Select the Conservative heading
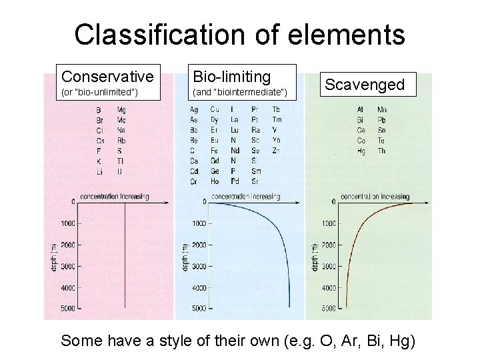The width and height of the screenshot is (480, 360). click(107, 75)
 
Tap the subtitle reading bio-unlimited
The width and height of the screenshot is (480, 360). click(99, 91)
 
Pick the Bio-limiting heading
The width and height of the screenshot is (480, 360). click(231, 75)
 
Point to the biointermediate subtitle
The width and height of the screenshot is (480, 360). click(239, 91)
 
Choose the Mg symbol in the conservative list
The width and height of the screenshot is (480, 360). click(121, 109)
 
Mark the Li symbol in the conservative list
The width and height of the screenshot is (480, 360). click(98, 171)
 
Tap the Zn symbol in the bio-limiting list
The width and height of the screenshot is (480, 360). click(276, 151)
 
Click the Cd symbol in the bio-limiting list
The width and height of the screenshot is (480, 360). click(193, 171)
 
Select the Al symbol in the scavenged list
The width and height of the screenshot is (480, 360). click(360, 109)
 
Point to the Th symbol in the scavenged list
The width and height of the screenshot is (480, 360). click(381, 151)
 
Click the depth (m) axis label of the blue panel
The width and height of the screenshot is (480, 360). click(185, 257)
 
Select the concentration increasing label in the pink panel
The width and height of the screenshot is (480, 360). click(115, 197)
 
